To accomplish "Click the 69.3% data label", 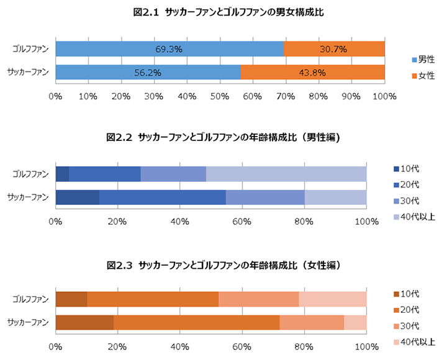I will click(168, 49).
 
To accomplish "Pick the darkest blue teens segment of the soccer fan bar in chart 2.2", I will click(77, 197).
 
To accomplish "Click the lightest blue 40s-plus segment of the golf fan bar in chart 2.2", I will click(286, 174).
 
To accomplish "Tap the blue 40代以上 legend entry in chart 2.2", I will click(415, 217).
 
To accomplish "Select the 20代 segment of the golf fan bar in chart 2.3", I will click(153, 299).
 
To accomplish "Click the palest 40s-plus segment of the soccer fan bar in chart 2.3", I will click(355, 323).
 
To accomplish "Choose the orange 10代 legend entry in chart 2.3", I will click(410, 294).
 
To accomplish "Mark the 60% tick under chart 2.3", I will click(242, 346).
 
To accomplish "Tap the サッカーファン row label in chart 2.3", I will click(29, 323).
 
